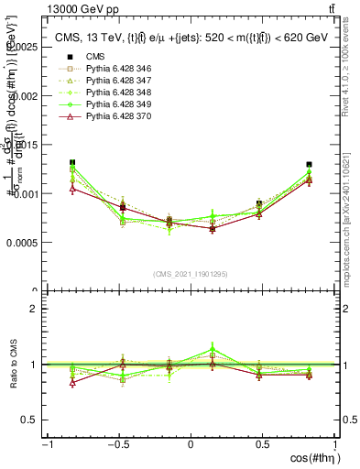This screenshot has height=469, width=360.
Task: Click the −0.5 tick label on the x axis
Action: tap(117, 444)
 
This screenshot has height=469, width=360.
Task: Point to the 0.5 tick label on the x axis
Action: tap(263, 444)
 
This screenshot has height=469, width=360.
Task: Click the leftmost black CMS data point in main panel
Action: tap(72, 163)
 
